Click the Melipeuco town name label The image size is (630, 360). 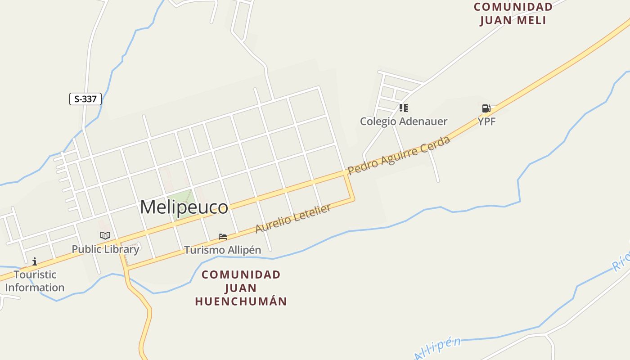(x=184, y=207)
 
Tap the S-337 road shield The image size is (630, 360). (x=85, y=99)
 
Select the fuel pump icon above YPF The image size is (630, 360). (x=486, y=108)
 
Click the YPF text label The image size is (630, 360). (x=486, y=121)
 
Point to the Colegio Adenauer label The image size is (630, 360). (x=404, y=121)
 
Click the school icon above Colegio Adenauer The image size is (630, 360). (x=404, y=108)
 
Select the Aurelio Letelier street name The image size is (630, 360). (x=293, y=219)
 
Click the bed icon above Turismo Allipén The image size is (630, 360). (x=223, y=237)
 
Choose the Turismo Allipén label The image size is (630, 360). (x=223, y=250)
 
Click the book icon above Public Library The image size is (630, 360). (x=105, y=235)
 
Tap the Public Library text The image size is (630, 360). (x=105, y=249)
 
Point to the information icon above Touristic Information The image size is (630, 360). (x=35, y=261)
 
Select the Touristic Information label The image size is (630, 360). (x=35, y=281)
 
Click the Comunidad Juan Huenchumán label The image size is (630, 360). (x=241, y=288)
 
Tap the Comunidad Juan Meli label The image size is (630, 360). (x=513, y=13)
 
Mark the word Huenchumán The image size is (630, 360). (x=241, y=301)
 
